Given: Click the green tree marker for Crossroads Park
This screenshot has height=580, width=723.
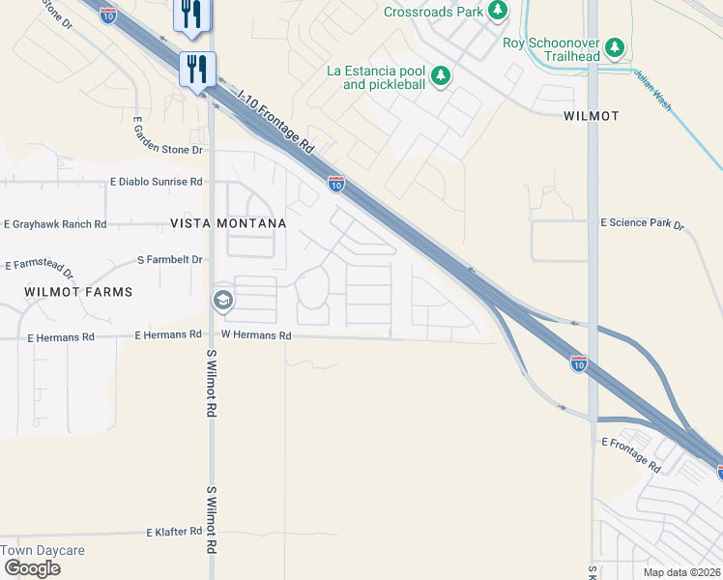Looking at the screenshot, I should [498, 12].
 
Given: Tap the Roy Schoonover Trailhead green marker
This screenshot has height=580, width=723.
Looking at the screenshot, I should [614, 47].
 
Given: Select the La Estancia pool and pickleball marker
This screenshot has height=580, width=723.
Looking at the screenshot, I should [441, 75].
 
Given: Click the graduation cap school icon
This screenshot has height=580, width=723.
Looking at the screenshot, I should [222, 301].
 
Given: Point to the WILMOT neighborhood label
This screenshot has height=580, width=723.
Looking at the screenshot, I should [591, 116].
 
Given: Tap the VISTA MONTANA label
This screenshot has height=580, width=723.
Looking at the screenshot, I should [228, 223].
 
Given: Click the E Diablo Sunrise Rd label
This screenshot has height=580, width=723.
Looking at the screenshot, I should [157, 182].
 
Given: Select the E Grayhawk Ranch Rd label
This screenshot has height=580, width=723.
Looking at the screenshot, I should [55, 224].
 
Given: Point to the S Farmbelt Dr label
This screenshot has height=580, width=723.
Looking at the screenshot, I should [170, 260].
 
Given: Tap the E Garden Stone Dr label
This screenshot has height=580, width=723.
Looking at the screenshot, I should [169, 150].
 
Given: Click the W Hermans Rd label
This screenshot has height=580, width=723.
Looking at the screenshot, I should [256, 335].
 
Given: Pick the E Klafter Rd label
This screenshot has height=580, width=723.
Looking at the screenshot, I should [174, 532].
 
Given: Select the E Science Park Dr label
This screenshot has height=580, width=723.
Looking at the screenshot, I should [642, 224].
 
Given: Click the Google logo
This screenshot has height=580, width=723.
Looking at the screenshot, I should [32, 568].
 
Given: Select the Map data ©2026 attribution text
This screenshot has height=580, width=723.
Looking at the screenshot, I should [681, 572].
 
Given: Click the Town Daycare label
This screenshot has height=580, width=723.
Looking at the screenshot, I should [43, 551].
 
